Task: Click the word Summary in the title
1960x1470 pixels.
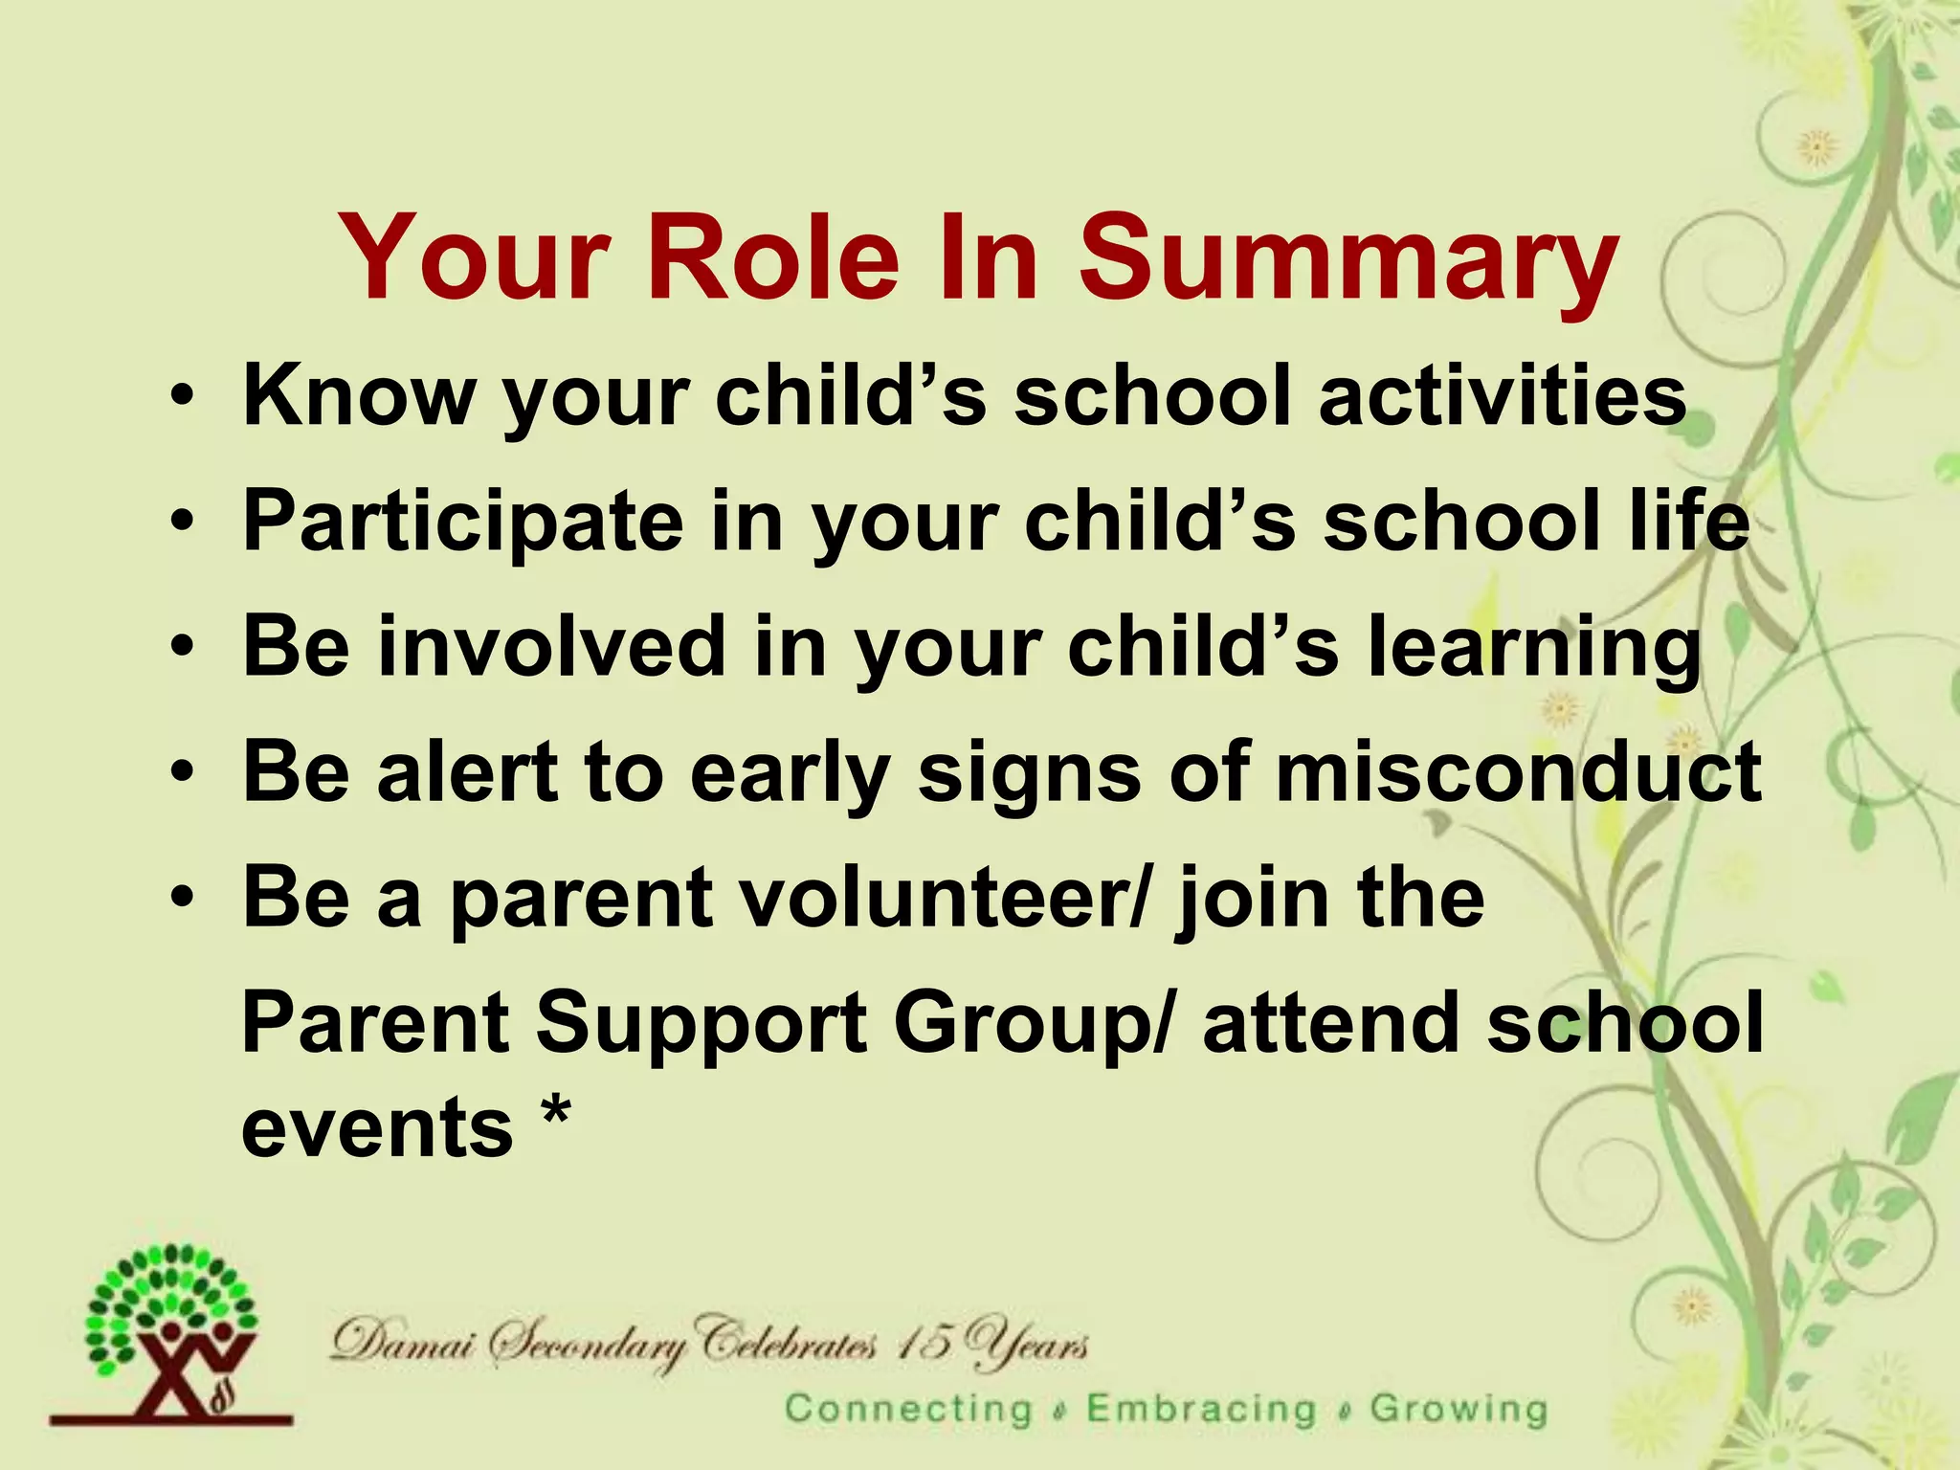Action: (x=1348, y=258)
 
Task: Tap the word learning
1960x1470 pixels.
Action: (x=1535, y=649)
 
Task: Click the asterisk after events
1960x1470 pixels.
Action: (x=556, y=1114)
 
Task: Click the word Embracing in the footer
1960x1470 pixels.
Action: (x=1201, y=1409)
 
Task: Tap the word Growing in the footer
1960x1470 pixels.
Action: (x=1458, y=1409)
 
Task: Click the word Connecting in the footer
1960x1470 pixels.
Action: (x=908, y=1409)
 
